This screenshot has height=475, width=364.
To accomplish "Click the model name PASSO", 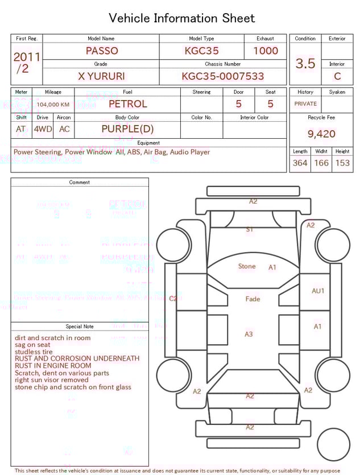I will (102, 51).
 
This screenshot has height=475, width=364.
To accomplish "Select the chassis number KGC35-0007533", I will (223, 76).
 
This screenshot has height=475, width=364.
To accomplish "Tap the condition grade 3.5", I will (305, 64).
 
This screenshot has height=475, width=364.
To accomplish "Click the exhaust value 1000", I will (266, 51).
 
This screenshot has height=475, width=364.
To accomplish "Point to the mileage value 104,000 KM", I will (53, 105).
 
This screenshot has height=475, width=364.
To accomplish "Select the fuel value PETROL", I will (127, 104).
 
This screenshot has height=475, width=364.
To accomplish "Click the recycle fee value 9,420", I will (321, 134).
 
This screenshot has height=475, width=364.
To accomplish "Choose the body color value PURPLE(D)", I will (127, 129).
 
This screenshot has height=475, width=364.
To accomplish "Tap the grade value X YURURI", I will (101, 76).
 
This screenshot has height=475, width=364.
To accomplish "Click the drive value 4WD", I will (43, 129).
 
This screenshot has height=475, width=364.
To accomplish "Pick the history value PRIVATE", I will (305, 104).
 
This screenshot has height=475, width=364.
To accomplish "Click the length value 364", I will (300, 163).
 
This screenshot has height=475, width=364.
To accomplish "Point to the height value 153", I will (342, 163).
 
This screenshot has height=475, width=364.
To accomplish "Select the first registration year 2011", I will (27, 57).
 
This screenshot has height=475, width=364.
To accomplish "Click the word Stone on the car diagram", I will (247, 266).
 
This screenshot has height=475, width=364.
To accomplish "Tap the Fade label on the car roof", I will (253, 299).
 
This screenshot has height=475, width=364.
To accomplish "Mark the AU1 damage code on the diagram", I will (318, 291).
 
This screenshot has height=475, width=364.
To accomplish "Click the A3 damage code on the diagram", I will (249, 334).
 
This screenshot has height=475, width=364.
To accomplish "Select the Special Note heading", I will (80, 327).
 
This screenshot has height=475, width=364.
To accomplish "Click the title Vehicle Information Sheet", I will (182, 18).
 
